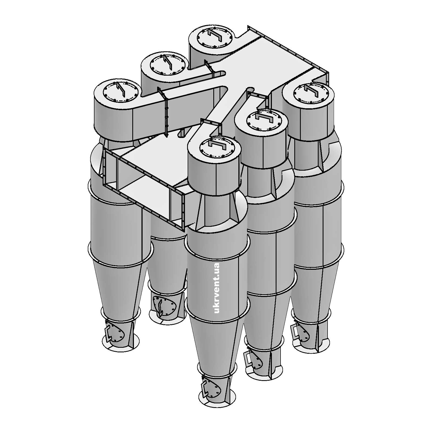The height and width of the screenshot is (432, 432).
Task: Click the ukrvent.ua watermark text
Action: point(217,288)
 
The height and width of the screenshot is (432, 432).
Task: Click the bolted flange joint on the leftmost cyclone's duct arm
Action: point(165,113)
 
